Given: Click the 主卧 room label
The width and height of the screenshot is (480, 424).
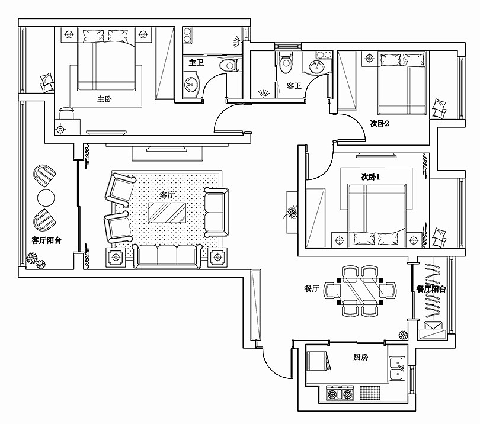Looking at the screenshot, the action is point(104,99).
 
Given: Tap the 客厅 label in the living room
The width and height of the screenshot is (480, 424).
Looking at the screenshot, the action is point(167,195).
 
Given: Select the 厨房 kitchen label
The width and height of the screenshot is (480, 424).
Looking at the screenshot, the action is point(361,357).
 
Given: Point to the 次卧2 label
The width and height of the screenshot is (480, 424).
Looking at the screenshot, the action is point(380,124).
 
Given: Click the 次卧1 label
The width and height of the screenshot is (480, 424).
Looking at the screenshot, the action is point(370,177).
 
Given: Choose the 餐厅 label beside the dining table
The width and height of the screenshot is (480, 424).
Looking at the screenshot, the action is point(312,288).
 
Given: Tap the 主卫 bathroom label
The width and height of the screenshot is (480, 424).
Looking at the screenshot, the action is point(196,63).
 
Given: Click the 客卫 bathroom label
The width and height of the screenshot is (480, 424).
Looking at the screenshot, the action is point(294,86).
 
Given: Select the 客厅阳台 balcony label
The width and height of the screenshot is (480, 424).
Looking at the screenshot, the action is point(47,240).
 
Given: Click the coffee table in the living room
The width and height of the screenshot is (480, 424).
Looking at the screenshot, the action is point(167,213).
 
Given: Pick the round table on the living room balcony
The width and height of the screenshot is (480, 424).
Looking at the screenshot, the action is point(46,198).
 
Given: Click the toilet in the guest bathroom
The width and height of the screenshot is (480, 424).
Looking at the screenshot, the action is point(286,62).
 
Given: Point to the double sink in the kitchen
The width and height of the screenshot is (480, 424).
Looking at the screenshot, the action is point(397,368).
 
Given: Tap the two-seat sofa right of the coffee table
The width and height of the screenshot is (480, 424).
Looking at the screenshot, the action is point(216,212).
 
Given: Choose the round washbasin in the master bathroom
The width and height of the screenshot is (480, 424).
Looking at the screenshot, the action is point(191,83).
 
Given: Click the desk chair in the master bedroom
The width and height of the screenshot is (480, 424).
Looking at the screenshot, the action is point(66,113).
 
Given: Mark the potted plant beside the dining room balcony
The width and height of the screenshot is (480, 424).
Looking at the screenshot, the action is point(403,335).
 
